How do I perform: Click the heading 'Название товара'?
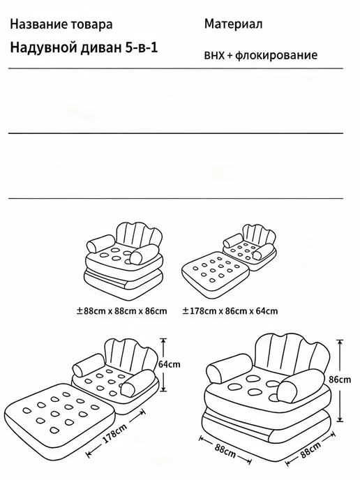pos(61,24)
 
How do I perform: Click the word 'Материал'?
pos(233,24)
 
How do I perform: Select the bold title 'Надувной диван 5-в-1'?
pos(84,47)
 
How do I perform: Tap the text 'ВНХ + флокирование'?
pos(261,55)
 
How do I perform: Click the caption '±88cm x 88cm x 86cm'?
pos(122,311)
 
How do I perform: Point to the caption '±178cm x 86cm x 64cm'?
pos(230,311)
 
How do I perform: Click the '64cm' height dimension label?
pos(169,364)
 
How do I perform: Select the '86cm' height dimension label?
pos(340,380)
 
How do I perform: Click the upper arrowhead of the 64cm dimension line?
pos(164,340)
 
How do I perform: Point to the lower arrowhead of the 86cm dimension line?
pos(340,419)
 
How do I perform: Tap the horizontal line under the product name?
pos(175,68)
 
